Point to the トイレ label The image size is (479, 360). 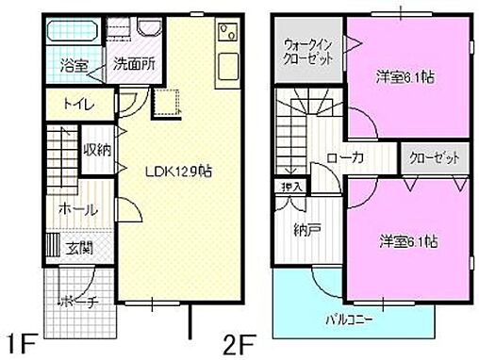(x=78, y=104)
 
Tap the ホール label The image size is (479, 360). (x=76, y=209)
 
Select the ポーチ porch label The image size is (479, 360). (x=74, y=303)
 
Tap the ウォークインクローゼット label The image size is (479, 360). (x=307, y=50)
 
